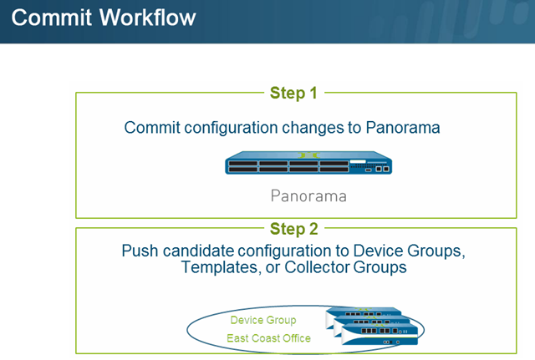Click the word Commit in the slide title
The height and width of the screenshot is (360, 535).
52,18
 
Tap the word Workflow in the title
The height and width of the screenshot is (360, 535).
148,18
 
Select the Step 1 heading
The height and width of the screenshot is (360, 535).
293,94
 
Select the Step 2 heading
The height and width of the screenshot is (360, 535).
293,229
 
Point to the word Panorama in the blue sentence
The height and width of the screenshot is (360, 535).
403,128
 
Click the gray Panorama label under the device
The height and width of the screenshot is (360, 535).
308,196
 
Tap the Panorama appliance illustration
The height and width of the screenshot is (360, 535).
308,163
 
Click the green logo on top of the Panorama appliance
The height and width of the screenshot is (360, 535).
308,155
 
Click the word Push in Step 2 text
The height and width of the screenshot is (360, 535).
140,251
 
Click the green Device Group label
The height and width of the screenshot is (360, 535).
263,320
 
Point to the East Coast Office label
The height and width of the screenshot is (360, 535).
269,338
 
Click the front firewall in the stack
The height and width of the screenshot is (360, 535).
380,334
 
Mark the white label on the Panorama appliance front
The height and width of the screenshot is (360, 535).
358,161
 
